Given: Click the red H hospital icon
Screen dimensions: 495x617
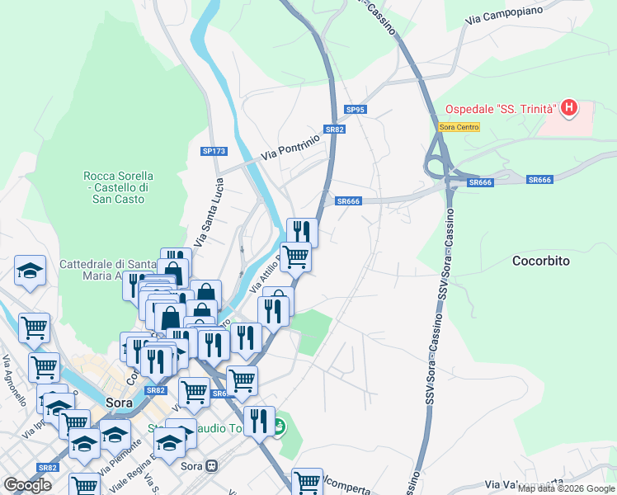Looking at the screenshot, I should pos(568,107).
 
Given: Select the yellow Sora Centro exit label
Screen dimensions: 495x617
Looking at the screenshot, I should pos(459,126).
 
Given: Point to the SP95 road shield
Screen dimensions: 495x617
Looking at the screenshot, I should pos(356,110).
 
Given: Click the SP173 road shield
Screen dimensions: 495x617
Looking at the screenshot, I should pos(214,151).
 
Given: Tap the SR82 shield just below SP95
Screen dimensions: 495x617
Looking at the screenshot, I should pos(334,130).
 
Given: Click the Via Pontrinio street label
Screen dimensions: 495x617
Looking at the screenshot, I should pos(290,148).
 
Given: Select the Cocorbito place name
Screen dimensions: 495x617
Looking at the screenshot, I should pos(541,261).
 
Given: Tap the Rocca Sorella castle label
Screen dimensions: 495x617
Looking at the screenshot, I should pos(118,187).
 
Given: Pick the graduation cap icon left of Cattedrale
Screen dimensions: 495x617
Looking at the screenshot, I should pos(30,270).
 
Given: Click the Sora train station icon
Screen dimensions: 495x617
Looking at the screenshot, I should pos(213,464).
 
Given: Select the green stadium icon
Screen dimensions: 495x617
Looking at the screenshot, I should pos(280,427).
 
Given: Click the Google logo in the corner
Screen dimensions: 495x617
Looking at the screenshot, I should pos(27,485).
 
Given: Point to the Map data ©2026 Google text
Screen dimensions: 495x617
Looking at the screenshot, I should pos(566,488).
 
